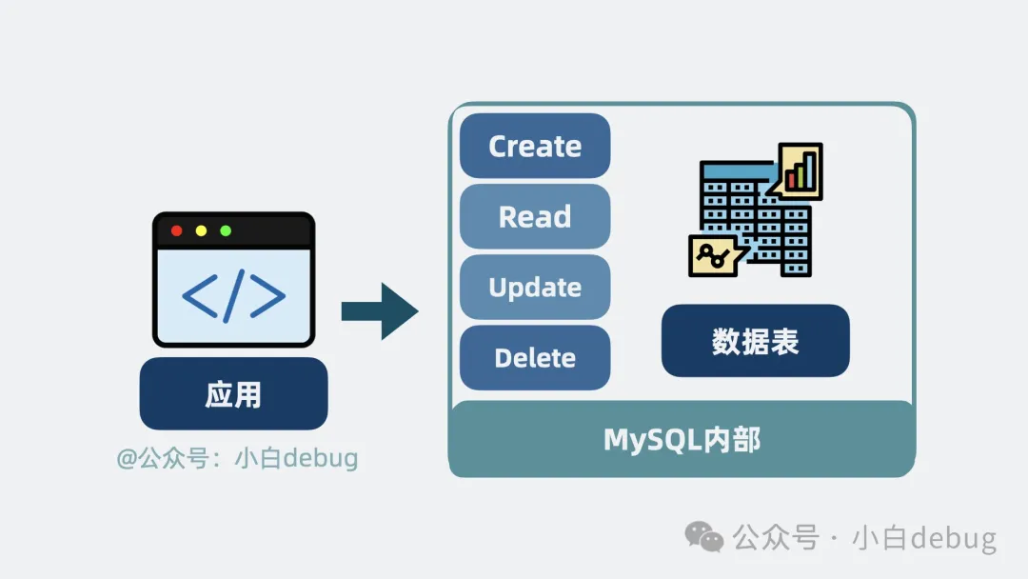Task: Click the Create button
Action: [x=535, y=146]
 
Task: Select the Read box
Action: [x=535, y=216]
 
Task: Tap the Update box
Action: [x=535, y=287]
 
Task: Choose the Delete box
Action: [x=535, y=357]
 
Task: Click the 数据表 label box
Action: [x=755, y=341]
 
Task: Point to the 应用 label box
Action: [x=233, y=393]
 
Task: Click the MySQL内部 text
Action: [x=682, y=439]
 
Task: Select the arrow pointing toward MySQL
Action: [x=381, y=310]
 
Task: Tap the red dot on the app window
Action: [x=176, y=231]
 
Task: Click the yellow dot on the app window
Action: [x=201, y=231]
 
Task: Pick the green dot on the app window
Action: [x=226, y=231]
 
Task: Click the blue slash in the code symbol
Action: [x=234, y=296]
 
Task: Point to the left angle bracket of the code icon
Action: [x=198, y=297]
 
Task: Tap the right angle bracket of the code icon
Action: [x=268, y=297]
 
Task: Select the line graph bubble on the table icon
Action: [x=712, y=254]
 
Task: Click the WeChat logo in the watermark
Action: [x=705, y=536]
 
